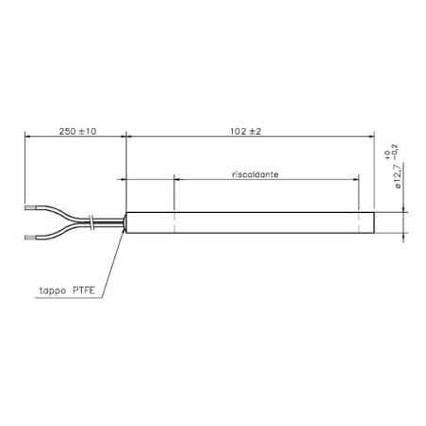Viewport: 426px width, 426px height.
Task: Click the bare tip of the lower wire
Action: point(33,238)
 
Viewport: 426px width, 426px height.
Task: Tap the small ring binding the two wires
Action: point(90,222)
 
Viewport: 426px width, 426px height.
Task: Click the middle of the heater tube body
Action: point(250,222)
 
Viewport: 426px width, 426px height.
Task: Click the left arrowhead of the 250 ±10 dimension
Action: point(28,138)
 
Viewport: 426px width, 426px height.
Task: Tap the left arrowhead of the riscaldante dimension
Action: point(178,181)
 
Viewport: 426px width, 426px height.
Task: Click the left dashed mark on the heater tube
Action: point(174,222)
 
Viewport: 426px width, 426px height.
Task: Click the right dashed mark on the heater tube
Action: point(360,222)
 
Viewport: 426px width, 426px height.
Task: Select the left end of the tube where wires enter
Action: point(127,222)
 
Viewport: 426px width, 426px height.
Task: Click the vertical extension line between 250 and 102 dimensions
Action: point(124,160)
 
